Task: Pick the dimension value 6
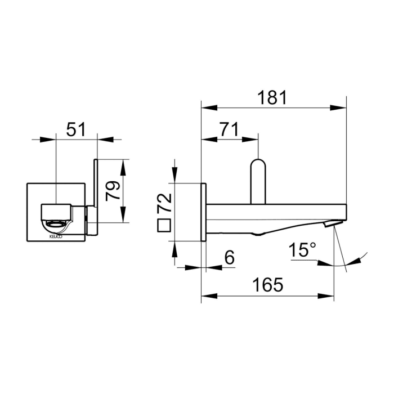pos(229,257)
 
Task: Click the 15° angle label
pos(302,251)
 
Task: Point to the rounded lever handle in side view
pos(258,180)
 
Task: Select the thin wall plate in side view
pos(204,212)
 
